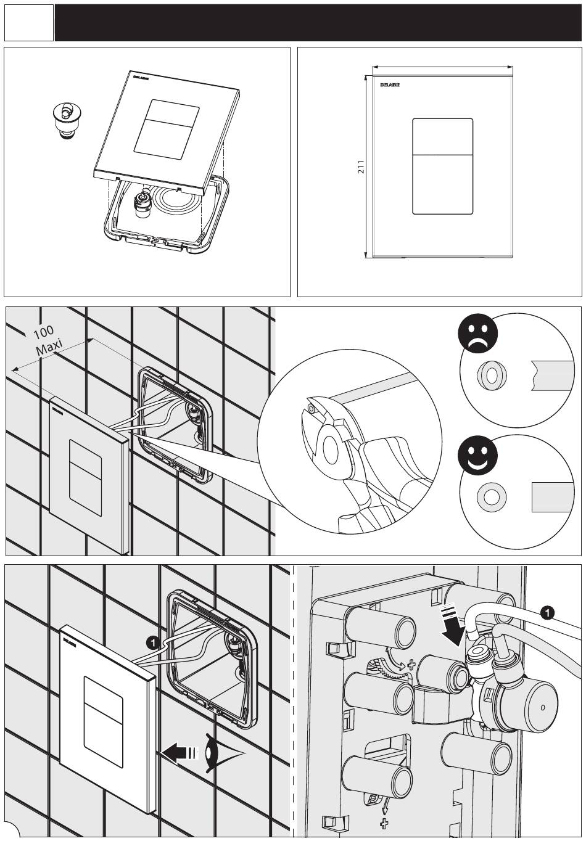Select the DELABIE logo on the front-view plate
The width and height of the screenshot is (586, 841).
click(x=390, y=84)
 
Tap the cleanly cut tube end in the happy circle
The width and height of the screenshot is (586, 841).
click(x=553, y=497)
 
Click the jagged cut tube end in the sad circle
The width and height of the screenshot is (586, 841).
click(x=551, y=377)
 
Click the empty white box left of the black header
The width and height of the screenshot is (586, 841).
click(x=29, y=23)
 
